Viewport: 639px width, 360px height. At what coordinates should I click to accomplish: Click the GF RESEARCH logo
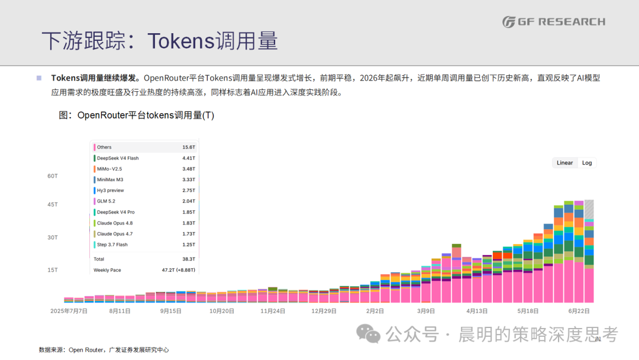coord(554,21)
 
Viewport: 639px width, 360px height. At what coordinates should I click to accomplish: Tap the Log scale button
coord(587,163)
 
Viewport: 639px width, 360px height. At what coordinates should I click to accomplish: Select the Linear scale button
coord(565,163)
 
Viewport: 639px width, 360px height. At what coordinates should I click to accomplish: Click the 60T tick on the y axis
coord(53,176)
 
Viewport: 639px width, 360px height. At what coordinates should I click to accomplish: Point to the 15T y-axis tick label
coord(53,270)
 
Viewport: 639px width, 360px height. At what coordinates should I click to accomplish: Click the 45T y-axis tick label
coord(53,205)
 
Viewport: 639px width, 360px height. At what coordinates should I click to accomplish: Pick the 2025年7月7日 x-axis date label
coord(69,311)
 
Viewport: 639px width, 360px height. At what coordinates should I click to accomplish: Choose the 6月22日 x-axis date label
coord(579,311)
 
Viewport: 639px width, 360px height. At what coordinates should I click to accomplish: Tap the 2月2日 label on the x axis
coord(375,311)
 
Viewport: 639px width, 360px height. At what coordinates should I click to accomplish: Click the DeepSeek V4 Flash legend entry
coord(118,158)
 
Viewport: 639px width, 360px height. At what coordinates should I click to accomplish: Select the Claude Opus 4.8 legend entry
coord(115,223)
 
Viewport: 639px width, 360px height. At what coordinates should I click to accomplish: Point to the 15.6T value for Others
coord(189,147)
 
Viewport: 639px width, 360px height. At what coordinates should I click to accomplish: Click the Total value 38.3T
coord(189,259)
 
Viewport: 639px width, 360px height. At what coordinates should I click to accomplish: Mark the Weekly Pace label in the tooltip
coord(107,270)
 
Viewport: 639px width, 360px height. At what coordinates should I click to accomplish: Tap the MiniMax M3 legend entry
coord(109,180)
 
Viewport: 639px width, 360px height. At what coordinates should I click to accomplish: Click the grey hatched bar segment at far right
coord(589,209)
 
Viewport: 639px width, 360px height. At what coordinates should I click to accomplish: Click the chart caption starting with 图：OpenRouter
coord(137,115)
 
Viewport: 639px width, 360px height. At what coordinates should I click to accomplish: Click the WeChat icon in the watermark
coord(369,333)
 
